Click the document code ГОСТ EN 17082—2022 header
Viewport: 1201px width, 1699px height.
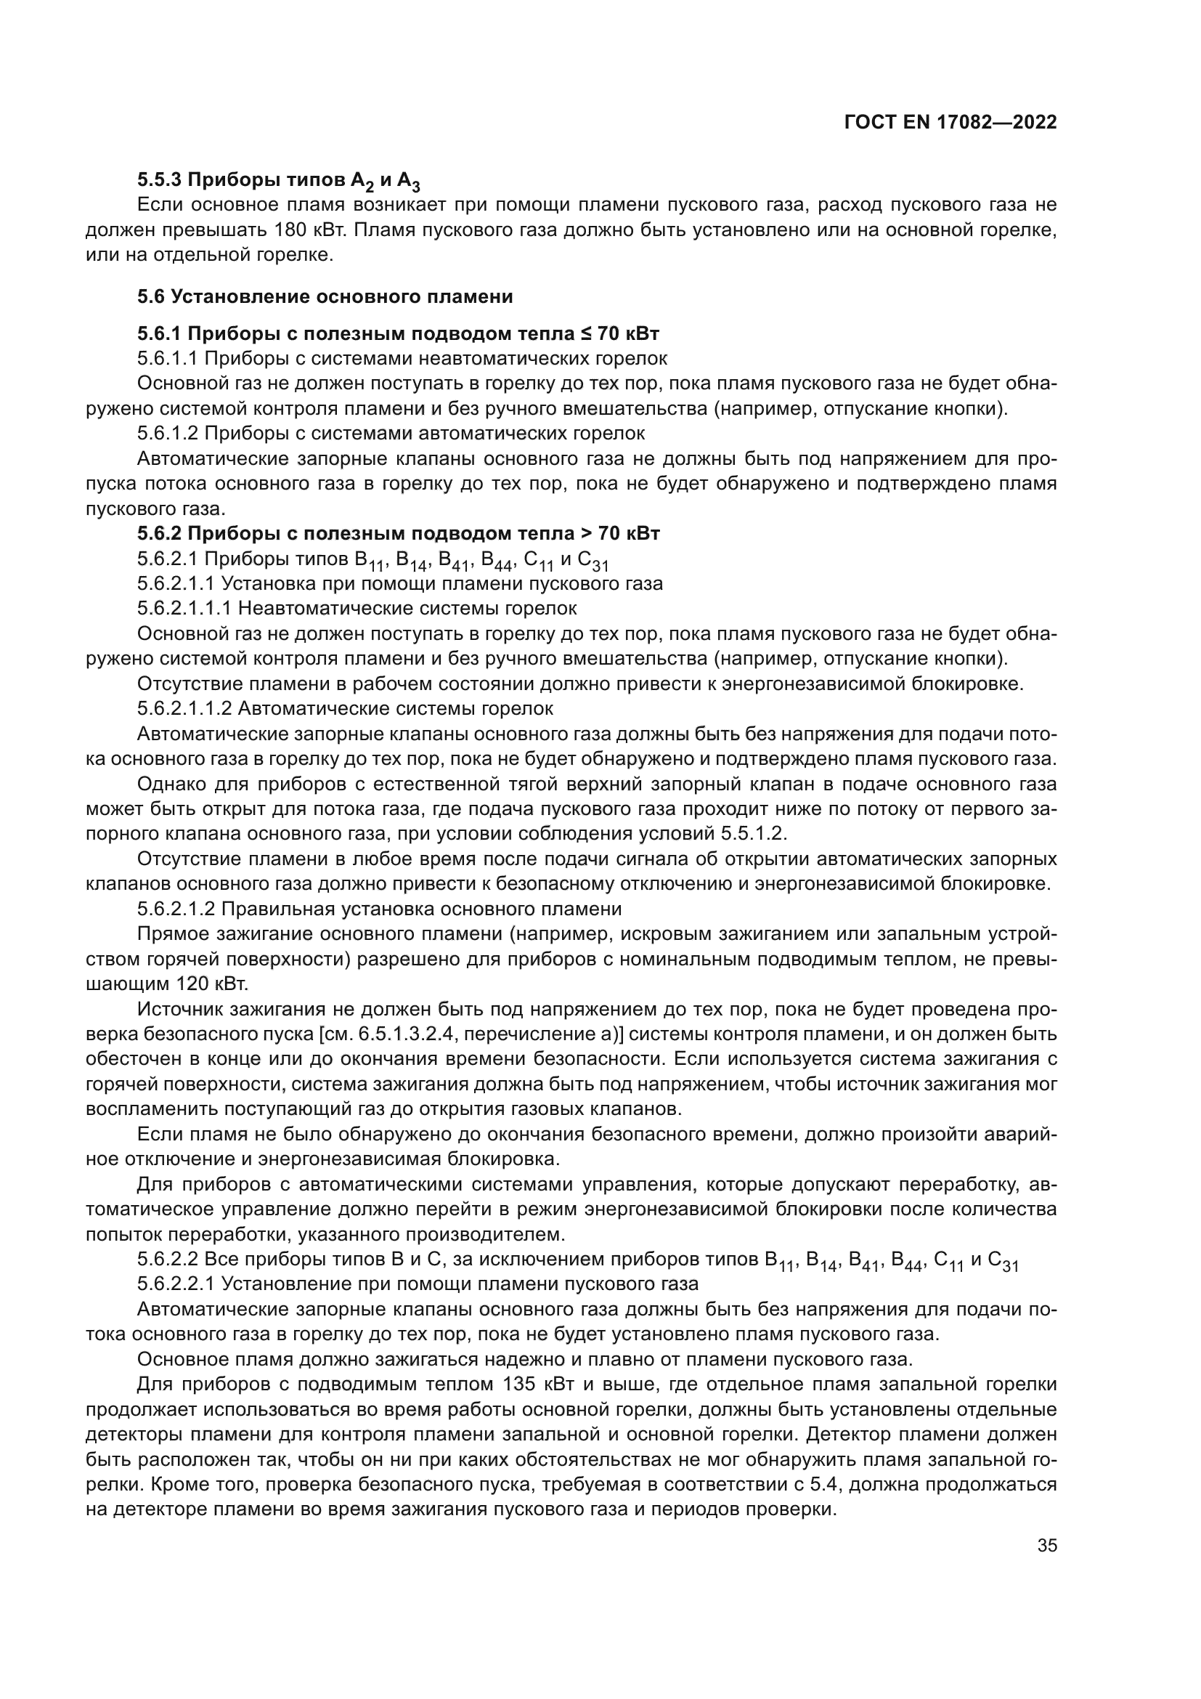coord(950,122)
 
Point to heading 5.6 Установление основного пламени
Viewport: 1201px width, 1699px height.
coord(325,298)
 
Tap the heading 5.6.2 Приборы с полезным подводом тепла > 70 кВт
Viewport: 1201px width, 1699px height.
coord(398,534)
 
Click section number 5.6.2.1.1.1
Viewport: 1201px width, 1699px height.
coord(184,609)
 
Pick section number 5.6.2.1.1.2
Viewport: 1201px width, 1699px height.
coord(184,709)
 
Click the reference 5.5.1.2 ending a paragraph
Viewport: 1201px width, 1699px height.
coord(752,834)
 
